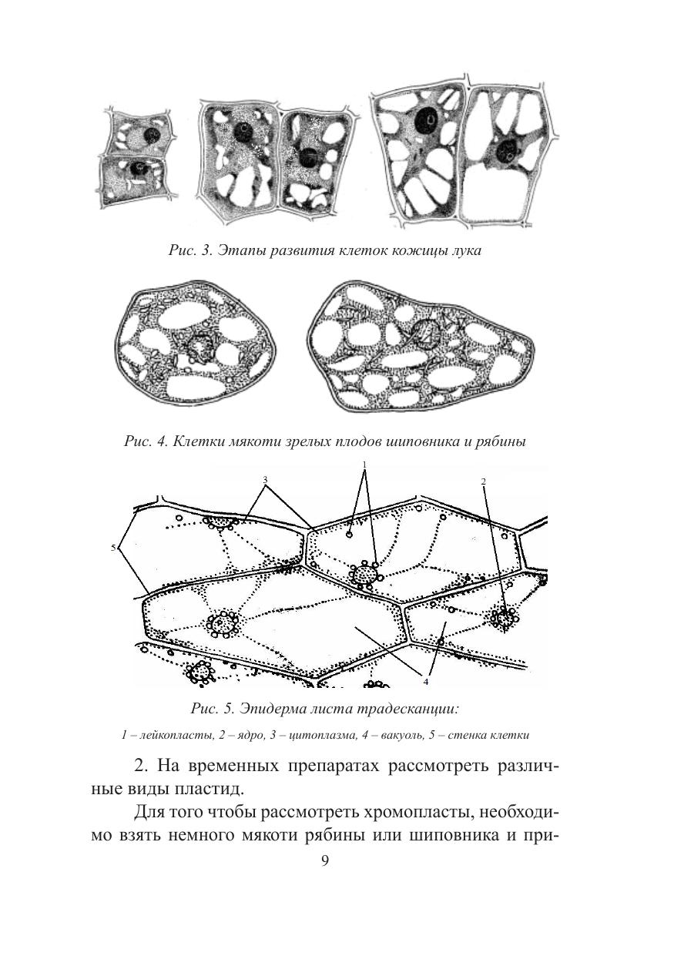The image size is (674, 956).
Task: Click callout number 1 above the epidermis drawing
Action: [x=364, y=465]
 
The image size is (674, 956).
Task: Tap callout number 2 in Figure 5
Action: [x=483, y=482]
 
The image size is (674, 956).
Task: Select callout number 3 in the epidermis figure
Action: [x=265, y=479]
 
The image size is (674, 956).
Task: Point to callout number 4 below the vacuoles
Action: [x=424, y=680]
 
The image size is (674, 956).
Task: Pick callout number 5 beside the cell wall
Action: [x=114, y=548]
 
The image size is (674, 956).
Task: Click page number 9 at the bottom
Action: [x=324, y=860]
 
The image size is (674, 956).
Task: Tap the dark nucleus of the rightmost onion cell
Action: [x=508, y=150]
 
